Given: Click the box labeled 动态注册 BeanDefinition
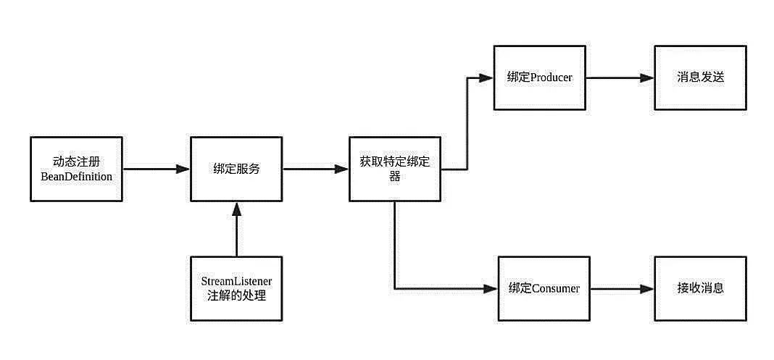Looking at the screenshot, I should click(76, 169).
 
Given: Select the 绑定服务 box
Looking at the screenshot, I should click(236, 169).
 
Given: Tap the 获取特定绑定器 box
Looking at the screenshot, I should click(395, 169).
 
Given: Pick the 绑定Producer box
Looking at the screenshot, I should click(540, 78).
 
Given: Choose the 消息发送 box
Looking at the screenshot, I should click(700, 78).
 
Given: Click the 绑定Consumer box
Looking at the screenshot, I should click(544, 288).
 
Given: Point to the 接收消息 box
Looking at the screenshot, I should click(700, 288).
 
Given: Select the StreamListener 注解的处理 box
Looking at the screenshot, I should click(236, 288).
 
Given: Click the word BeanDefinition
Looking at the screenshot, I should click(76, 176).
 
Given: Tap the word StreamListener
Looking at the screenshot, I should click(236, 280).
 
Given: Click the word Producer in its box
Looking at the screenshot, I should click(552, 78).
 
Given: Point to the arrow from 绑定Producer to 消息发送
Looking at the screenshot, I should click(620, 78).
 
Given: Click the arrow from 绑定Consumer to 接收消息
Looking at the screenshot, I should click(622, 288).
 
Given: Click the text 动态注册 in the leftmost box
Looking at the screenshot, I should click(76, 162).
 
